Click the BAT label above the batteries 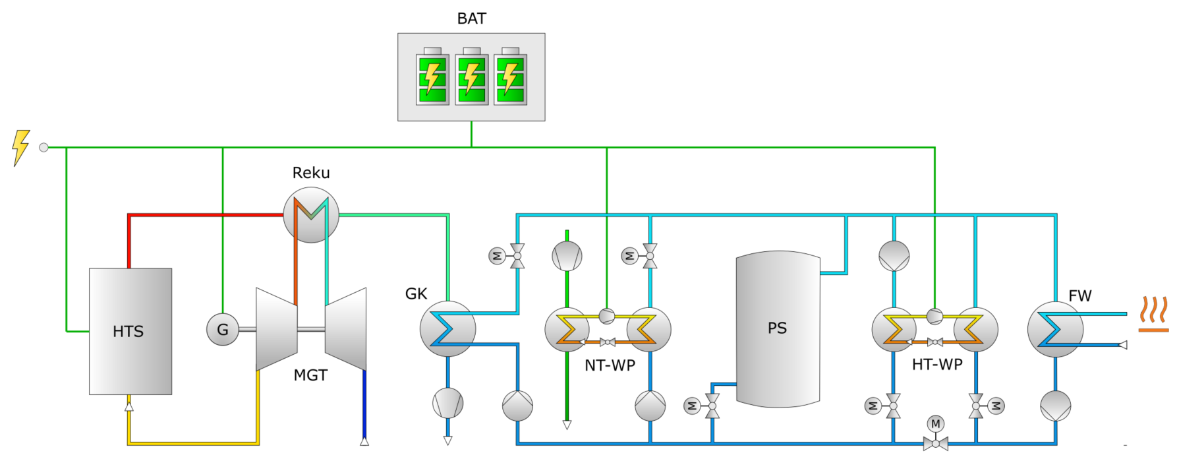tap(471, 18)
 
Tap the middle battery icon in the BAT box tap(471, 77)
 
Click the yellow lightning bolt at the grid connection tap(21, 146)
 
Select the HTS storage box tap(130, 331)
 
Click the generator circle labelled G tap(223, 330)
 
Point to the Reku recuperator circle tap(311, 214)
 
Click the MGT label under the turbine tap(310, 375)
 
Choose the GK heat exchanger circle tap(447, 328)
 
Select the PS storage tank tap(778, 328)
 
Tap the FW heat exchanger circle tap(1055, 329)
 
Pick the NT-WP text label tap(610, 365)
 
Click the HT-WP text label tap(937, 364)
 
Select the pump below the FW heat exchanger tap(1056, 406)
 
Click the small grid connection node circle tap(44, 147)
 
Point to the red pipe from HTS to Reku tap(198, 215)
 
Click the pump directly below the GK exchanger tap(447, 402)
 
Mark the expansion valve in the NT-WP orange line tap(608, 342)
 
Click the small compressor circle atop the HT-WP tap(934, 316)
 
